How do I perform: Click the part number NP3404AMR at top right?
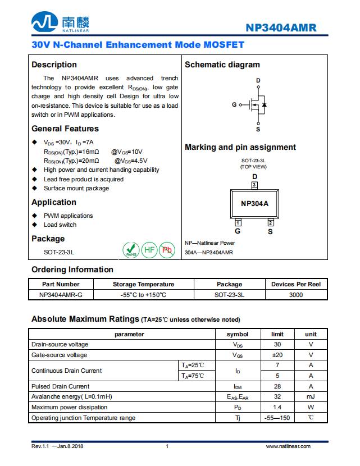[281, 28]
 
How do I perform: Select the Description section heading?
[54, 65]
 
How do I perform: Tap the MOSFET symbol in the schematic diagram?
[258, 105]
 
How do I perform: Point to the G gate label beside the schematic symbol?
[234, 105]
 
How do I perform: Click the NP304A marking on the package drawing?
[254, 203]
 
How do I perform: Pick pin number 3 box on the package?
[254, 185]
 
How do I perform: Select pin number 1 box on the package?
[238, 223]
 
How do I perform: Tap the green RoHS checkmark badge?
[131, 250]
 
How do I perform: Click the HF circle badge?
[149, 250]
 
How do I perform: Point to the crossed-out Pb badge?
[167, 250]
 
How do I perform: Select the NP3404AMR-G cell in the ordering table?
[61, 294]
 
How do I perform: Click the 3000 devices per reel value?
[295, 294]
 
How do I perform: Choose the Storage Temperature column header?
[143, 284]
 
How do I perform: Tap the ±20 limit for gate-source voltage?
[277, 355]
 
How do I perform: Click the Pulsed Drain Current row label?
[60, 386]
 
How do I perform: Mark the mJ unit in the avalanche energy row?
[311, 397]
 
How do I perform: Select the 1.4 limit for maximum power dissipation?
[277, 407]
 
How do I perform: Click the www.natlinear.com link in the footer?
[288, 446]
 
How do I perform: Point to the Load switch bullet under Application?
[60, 225]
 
